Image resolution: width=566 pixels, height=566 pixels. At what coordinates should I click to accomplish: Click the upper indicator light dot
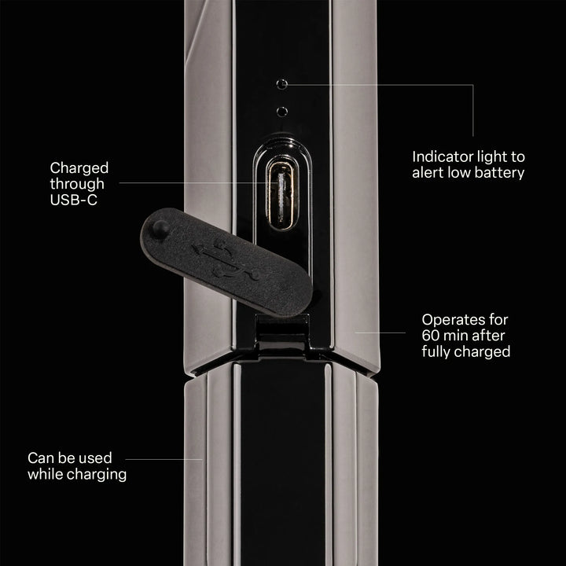click(x=282, y=84)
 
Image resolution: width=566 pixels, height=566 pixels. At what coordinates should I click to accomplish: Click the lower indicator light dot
click(x=282, y=112)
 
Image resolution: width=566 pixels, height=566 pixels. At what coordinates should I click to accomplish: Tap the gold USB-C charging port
click(x=282, y=195)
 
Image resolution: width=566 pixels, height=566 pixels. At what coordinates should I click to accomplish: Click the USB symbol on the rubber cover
click(x=226, y=259)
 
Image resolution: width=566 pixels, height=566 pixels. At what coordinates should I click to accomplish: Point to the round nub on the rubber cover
click(x=160, y=228)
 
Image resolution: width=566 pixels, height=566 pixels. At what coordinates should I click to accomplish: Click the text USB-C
click(x=74, y=200)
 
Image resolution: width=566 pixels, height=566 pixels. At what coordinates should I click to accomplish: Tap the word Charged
click(x=79, y=168)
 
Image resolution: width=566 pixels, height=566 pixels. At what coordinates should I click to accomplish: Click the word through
click(x=77, y=184)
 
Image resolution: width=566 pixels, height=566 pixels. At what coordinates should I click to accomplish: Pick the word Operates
click(x=453, y=320)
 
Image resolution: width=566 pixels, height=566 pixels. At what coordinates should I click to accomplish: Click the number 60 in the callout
click(x=430, y=336)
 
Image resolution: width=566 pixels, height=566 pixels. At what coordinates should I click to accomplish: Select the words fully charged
click(x=466, y=351)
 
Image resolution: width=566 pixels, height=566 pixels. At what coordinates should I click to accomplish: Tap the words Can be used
click(x=70, y=458)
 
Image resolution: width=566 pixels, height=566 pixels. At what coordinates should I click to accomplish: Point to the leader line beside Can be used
click(x=164, y=460)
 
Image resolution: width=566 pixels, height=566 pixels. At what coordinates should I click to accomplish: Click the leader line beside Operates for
click(x=380, y=333)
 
